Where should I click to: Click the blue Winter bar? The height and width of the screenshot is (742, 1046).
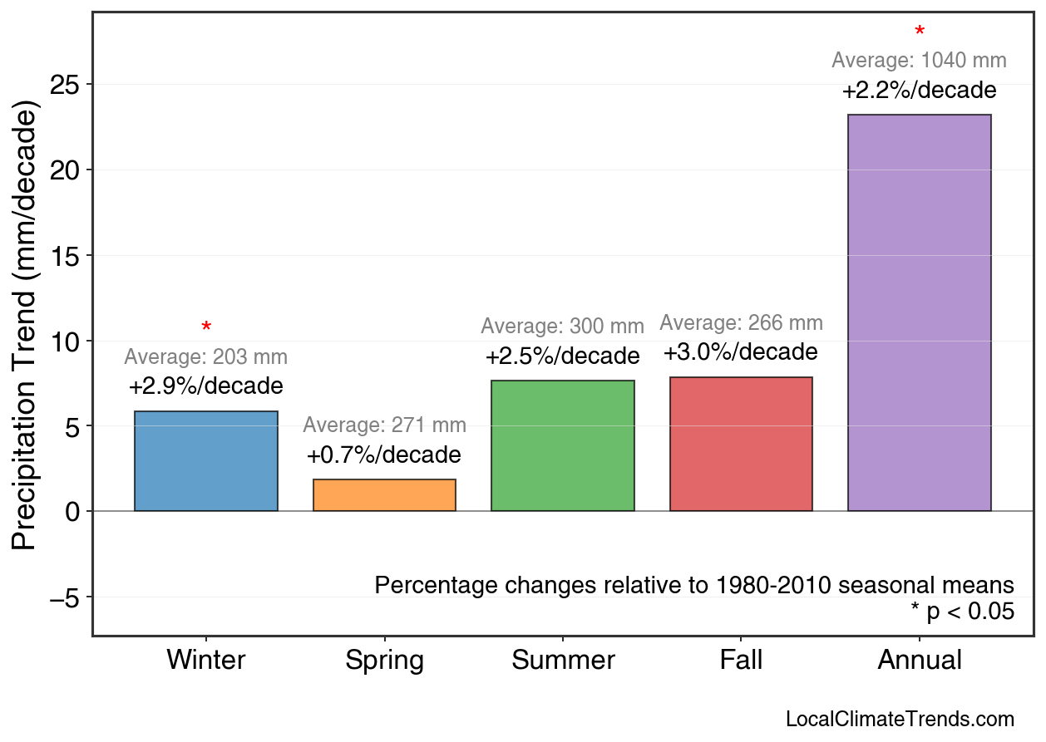205,461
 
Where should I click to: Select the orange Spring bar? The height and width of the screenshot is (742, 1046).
384,495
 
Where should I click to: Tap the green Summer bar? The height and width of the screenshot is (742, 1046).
563,446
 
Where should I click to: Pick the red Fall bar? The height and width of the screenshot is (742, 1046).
741,445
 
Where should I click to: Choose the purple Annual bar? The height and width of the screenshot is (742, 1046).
919,313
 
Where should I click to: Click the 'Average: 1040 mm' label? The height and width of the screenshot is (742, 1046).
919,61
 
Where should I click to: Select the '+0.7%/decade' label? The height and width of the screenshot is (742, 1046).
383,455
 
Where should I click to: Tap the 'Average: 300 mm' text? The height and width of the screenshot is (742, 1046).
562,327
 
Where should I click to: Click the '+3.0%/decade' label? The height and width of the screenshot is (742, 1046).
740,352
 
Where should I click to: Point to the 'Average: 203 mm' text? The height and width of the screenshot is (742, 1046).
205,357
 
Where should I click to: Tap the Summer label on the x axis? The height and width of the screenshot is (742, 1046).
563,661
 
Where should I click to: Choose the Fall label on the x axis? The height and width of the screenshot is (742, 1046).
741,661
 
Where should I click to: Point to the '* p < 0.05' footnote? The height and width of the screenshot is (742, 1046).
962,612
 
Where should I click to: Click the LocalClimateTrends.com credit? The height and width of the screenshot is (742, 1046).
900,720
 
